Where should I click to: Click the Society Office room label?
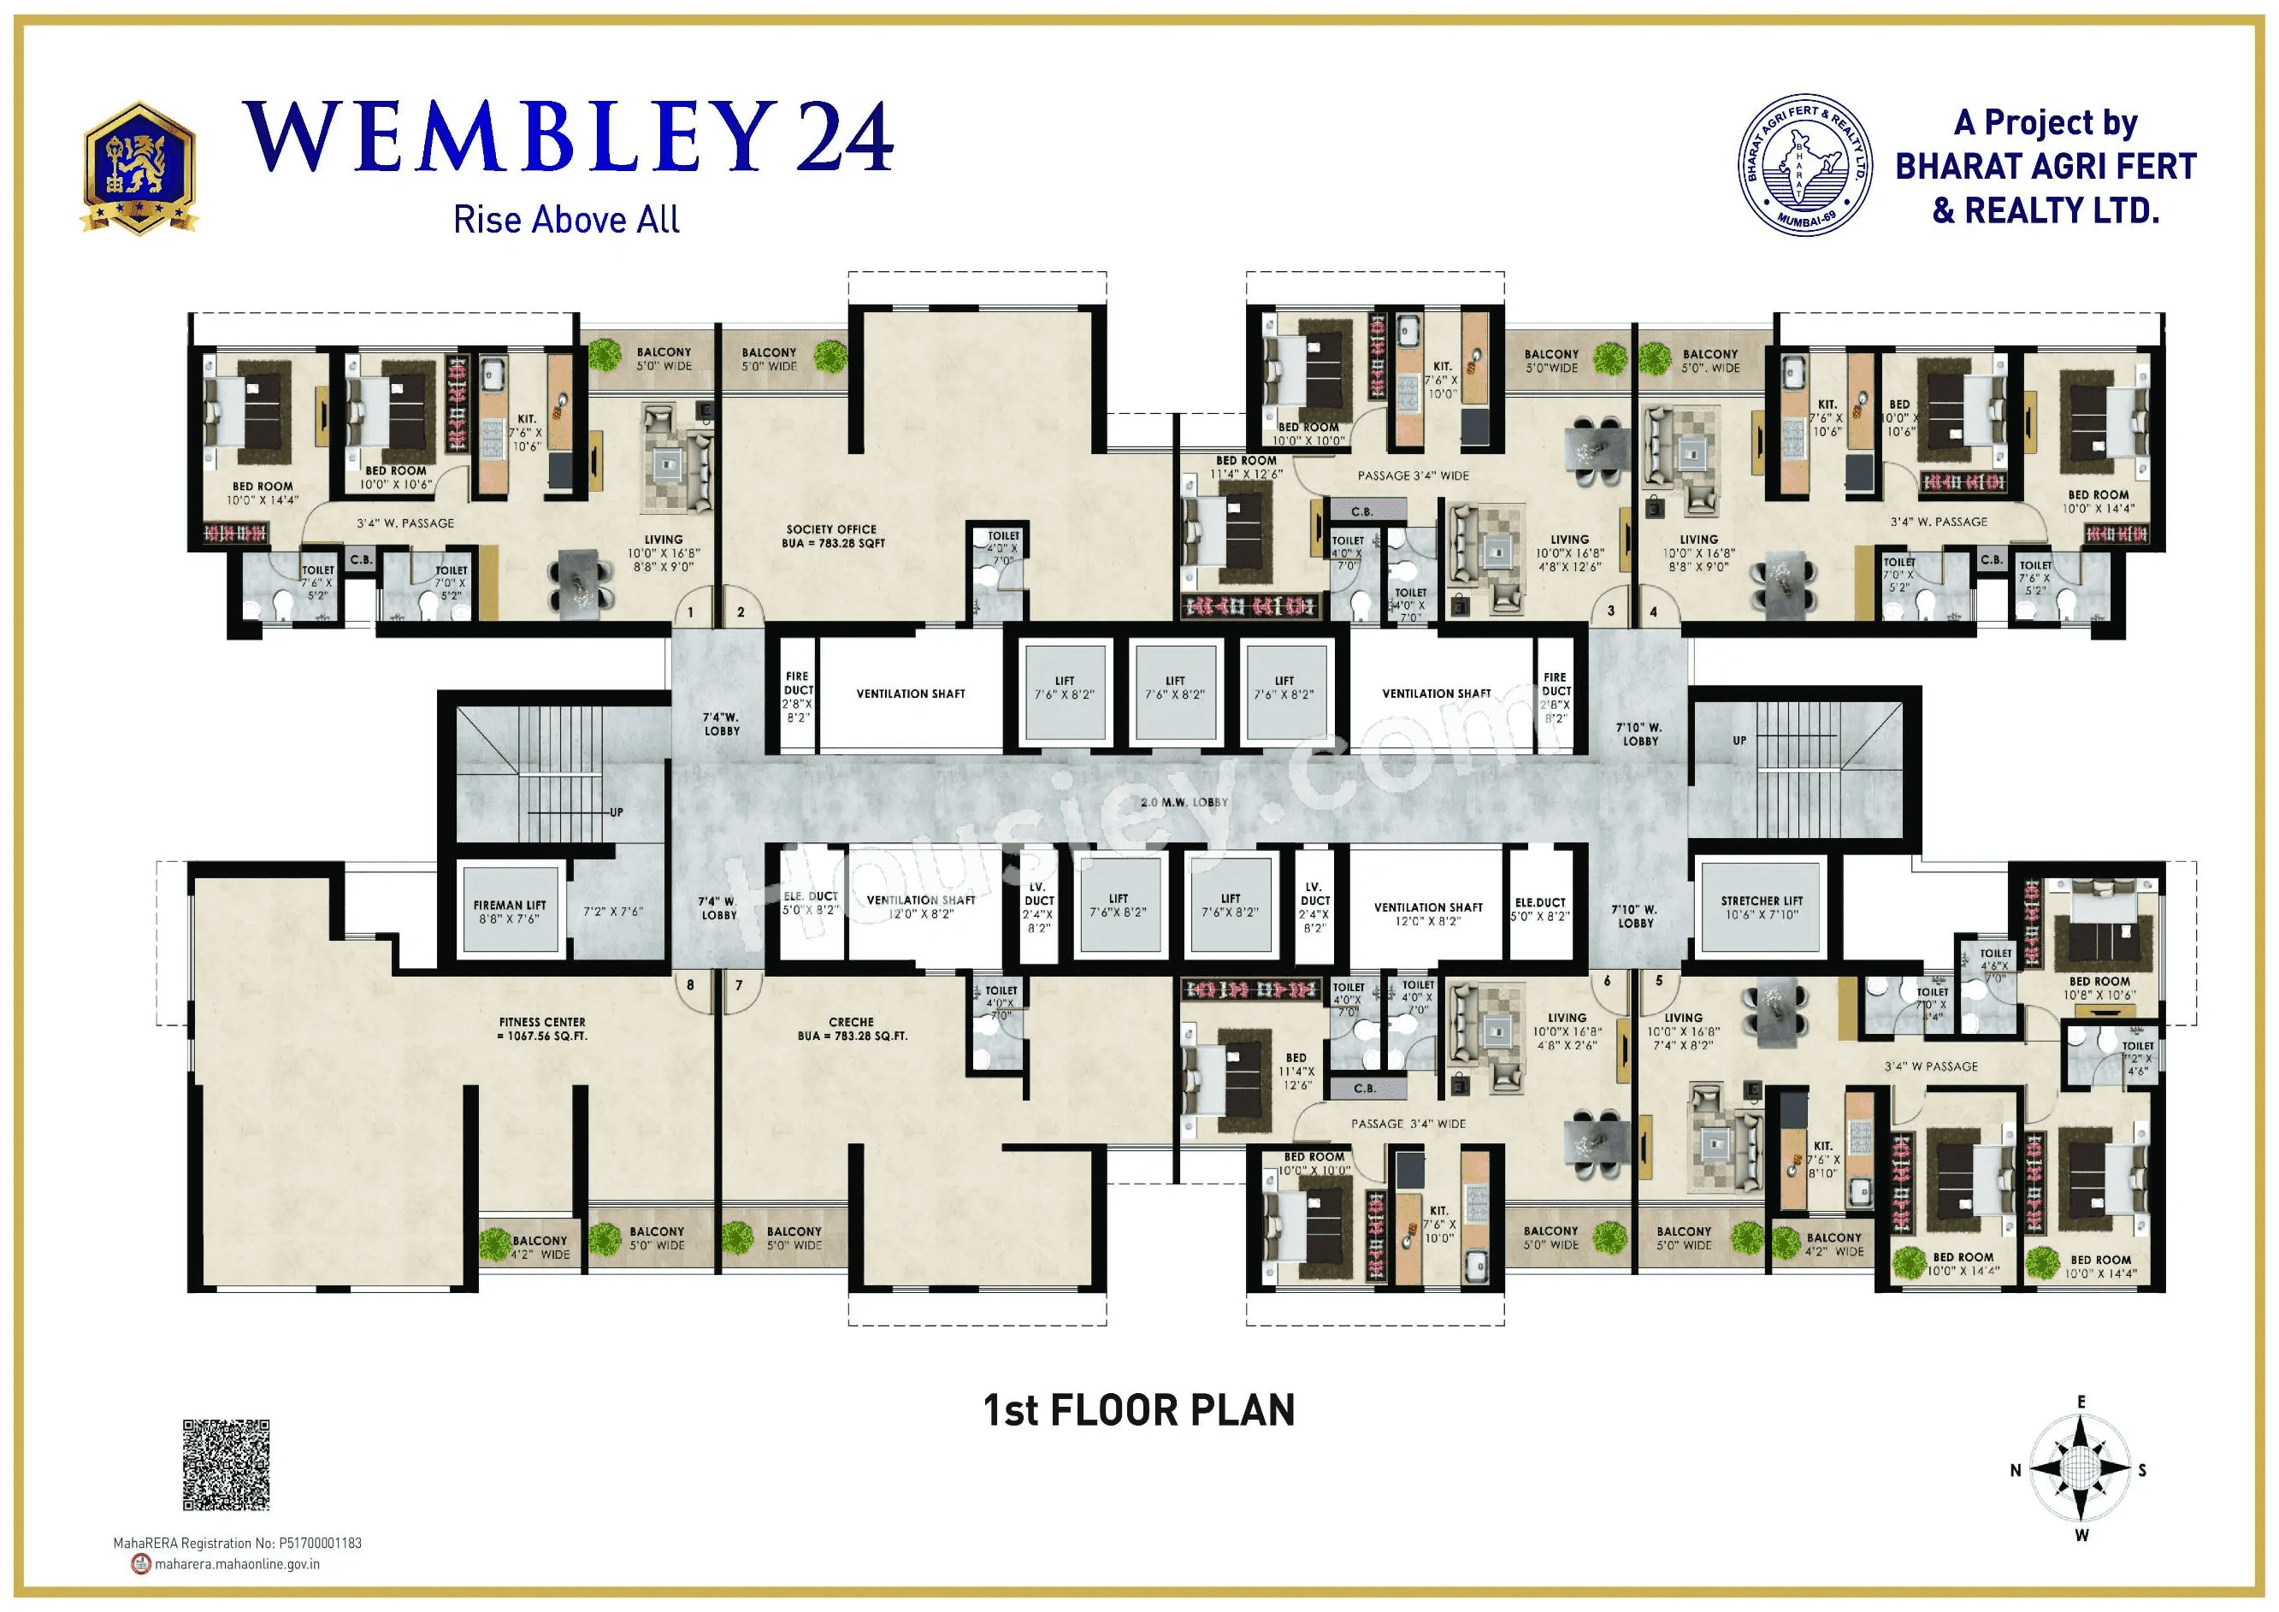pos(832,536)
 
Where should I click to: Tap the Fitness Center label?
pos(542,1028)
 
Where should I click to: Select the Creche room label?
pos(852,1028)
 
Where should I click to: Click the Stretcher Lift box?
pos(1762,907)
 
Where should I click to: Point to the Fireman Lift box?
pos(511,912)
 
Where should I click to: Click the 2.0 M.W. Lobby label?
pos(1184,802)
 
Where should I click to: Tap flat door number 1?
pos(691,612)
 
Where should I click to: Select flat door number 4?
pos(1653,612)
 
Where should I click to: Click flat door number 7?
pos(739,986)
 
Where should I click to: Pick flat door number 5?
pos(1659,981)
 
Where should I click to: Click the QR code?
pos(227,1465)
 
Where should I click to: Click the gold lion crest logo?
pos(139,168)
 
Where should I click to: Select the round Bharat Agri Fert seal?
pos(1804,166)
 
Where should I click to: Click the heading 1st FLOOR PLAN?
pos(1138,1410)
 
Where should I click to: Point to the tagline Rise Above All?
pos(566,220)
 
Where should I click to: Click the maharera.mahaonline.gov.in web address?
pos(236,1564)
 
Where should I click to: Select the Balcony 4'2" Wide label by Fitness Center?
pos(540,1248)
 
